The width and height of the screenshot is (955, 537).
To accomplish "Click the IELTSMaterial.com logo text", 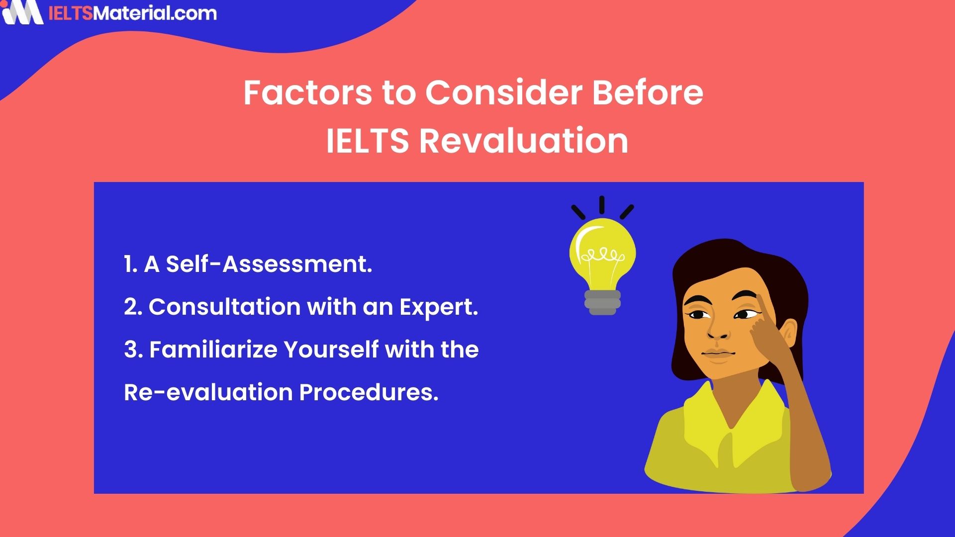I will tap(132, 13).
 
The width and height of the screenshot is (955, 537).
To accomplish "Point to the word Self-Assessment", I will tap(269, 264).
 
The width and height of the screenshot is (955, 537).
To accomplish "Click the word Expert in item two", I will tap(438, 307).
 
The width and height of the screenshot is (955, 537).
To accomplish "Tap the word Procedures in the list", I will tap(369, 392).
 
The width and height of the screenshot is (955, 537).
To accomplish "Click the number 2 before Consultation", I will tap(132, 307).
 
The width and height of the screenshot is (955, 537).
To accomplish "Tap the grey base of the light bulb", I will tap(602, 302).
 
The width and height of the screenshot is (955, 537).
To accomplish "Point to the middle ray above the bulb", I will tap(602, 204).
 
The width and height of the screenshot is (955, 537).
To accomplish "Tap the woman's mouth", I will tap(718, 354).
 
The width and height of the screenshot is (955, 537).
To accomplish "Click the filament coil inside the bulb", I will tap(602, 256).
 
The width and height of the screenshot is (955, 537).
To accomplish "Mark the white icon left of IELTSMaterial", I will tap(22, 12).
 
